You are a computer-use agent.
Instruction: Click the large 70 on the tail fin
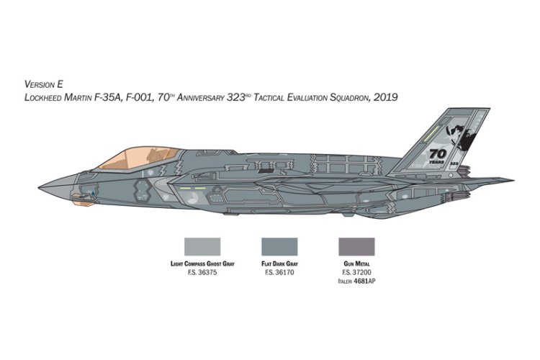tap(438, 153)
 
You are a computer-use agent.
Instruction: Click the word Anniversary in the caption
tap(202, 96)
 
